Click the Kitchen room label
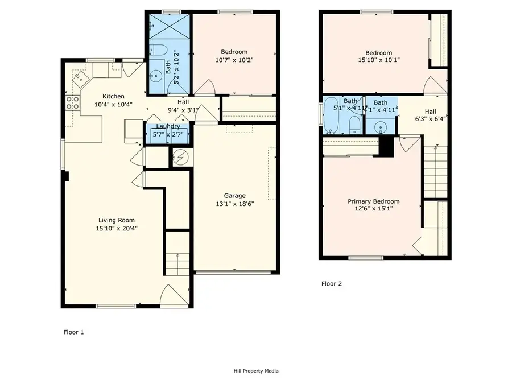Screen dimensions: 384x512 [x=113, y=96]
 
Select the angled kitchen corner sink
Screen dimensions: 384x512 [x=80, y=76]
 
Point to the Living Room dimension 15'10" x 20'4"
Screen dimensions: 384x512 [x=116, y=229]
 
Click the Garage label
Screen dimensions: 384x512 [x=234, y=196]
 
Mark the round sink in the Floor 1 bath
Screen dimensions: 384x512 [x=155, y=76]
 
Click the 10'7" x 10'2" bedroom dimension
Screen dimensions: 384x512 [x=234, y=60]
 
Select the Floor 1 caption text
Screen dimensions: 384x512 [x=73, y=332]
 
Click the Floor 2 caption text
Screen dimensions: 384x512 [x=332, y=283]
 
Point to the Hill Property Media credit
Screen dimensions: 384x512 [x=255, y=371]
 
